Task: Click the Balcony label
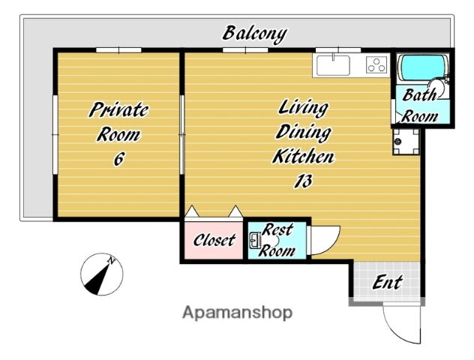(255, 34)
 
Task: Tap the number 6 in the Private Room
(118, 159)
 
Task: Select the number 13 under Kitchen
(303, 181)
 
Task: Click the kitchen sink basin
(333, 65)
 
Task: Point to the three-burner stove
(376, 65)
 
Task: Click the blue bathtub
(422, 67)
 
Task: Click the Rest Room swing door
(325, 241)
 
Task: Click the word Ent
(387, 283)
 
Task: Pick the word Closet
(214, 240)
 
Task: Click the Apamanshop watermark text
(237, 313)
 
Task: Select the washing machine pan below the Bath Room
(406, 142)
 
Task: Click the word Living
(303, 108)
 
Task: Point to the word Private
(118, 109)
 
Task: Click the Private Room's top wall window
(118, 50)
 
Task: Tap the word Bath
(419, 94)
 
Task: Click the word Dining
(303, 132)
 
